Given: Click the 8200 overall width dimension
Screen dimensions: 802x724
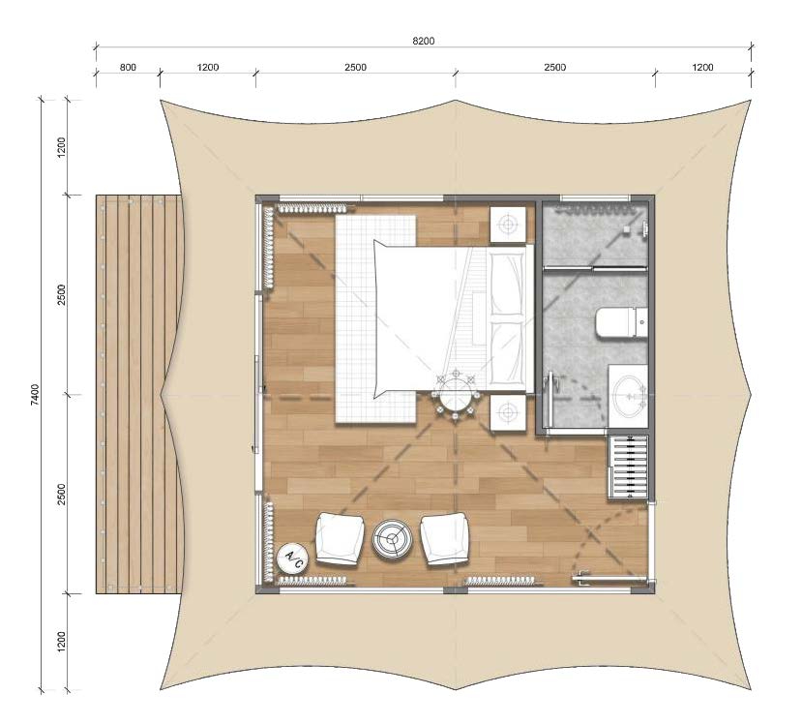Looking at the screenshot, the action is (x=424, y=41).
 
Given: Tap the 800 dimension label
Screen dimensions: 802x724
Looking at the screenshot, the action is (x=128, y=67).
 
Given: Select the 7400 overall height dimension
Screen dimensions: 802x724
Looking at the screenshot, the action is (x=35, y=395).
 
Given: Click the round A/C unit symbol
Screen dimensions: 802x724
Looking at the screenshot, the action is (x=292, y=557).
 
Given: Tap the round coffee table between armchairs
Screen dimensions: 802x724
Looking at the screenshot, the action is (x=393, y=538).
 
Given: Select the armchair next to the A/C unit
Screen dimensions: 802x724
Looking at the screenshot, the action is (x=340, y=539).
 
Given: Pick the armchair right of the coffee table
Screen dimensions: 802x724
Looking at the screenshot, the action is (x=445, y=539).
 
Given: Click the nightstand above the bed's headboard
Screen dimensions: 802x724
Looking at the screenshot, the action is (x=508, y=225).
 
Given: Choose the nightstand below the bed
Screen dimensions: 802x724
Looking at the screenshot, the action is (x=508, y=412).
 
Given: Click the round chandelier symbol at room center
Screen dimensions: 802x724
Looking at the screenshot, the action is (x=456, y=395).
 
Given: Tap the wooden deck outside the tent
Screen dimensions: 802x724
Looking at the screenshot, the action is (x=139, y=394).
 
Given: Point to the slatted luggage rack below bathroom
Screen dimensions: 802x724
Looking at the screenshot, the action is (x=628, y=467).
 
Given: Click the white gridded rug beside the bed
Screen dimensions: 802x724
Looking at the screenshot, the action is (x=375, y=318).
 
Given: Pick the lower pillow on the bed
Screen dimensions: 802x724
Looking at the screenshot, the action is (x=507, y=353).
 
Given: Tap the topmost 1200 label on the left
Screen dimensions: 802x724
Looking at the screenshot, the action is (x=61, y=147).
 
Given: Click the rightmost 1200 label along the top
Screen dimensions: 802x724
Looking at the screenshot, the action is (x=702, y=67).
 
